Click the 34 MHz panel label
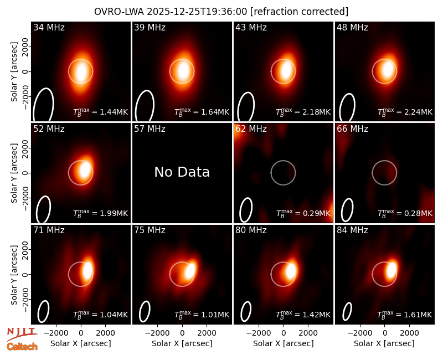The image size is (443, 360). (49, 27)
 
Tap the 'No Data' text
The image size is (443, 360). (182, 172)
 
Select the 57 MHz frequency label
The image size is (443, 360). (150, 129)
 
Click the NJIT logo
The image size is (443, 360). (22, 334)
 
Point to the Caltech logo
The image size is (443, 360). (22, 347)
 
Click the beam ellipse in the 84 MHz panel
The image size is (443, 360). (347, 311)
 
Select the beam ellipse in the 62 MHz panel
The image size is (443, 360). (246, 210)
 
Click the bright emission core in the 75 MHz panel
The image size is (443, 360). (190, 271)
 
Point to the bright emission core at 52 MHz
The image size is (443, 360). (85, 171)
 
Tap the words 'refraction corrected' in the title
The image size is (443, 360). (300, 12)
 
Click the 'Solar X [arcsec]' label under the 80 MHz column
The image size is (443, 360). (283, 343)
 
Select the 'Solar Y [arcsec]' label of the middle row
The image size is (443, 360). (14, 173)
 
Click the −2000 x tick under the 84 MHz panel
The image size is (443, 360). (359, 333)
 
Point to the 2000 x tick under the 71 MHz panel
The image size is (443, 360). (105, 333)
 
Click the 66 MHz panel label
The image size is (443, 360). (352, 129)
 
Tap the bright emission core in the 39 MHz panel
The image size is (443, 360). (183, 71)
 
